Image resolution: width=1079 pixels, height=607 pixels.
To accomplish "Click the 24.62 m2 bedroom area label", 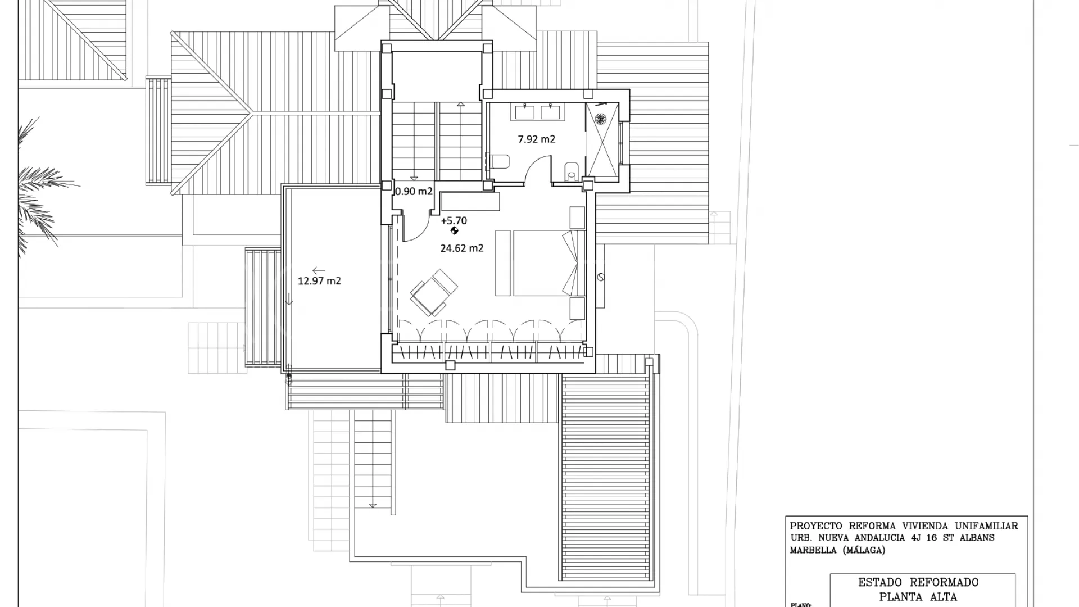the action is (461, 248).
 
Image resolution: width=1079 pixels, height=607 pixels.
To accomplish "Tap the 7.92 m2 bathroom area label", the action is (536, 139).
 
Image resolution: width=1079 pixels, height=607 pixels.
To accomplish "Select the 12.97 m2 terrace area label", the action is (319, 280).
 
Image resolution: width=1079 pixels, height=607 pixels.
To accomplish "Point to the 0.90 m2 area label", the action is (414, 191).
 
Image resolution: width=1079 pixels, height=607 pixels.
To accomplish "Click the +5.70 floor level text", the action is (454, 221).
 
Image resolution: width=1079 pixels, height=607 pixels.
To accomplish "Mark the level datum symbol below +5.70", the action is (455, 230).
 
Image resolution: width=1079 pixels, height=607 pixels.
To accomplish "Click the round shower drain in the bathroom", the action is (600, 119).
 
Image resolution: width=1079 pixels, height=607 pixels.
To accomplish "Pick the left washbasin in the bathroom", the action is (525, 112).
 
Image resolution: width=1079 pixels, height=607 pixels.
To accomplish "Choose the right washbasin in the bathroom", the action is (551, 112).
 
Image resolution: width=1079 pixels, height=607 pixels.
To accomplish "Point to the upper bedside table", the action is (577, 218).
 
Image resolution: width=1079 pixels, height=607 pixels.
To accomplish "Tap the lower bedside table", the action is (577, 309).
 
